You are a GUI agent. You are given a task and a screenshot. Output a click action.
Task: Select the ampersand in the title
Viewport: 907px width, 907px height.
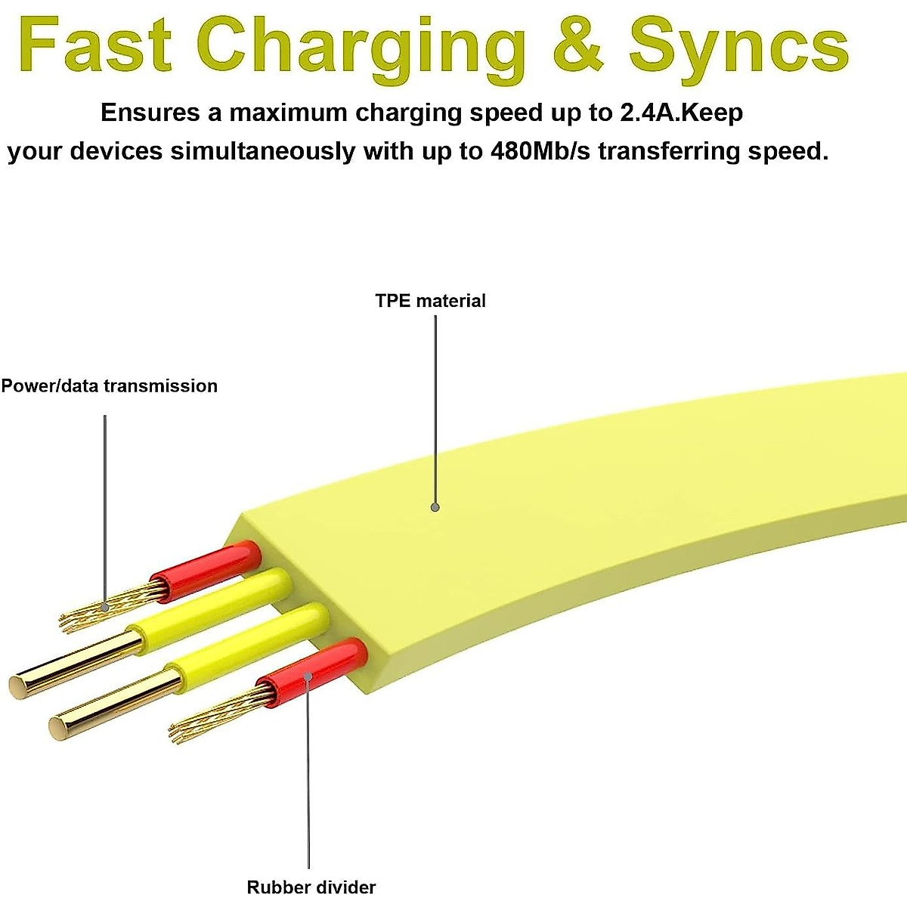click(x=577, y=45)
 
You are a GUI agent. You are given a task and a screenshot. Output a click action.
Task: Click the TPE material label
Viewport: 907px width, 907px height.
click(x=430, y=301)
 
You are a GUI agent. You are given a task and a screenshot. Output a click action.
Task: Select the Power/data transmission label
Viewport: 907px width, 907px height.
click(x=109, y=386)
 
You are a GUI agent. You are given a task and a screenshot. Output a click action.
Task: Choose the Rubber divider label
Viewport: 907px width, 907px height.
click(x=311, y=887)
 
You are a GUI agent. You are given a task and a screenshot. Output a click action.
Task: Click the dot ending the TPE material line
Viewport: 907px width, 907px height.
click(x=435, y=507)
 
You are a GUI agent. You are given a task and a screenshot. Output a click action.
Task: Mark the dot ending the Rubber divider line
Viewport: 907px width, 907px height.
click(x=308, y=674)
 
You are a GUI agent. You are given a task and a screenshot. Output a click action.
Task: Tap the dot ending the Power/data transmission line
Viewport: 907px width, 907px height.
click(x=105, y=606)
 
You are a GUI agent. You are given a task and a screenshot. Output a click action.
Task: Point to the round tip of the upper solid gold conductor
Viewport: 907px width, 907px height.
click(x=18, y=686)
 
